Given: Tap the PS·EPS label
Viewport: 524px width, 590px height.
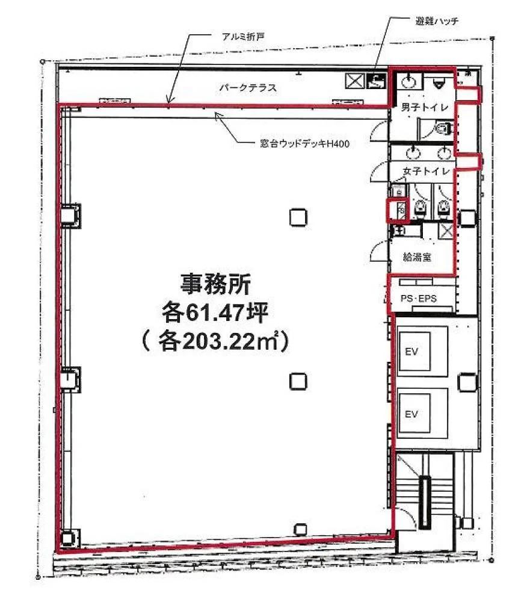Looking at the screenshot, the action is [418, 299].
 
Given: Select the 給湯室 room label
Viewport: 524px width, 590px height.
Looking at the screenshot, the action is [417, 258].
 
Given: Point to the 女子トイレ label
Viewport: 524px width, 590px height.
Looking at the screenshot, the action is [427, 172].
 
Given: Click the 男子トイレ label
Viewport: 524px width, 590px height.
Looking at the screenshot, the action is [425, 107].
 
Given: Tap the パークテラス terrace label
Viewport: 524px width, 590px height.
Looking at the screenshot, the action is [248, 88].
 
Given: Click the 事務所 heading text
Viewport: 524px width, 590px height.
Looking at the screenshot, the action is [216, 284].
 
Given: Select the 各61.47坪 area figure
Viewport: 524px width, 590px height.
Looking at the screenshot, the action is [215, 312].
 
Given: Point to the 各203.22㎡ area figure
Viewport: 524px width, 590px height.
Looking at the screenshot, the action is [215, 341].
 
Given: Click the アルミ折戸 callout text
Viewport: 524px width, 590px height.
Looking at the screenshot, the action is [243, 37].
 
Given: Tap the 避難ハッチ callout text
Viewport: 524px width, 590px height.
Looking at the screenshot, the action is [437, 21].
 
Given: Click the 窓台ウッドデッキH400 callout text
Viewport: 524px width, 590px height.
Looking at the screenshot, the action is [305, 143].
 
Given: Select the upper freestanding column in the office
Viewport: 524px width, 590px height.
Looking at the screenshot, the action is [298, 217].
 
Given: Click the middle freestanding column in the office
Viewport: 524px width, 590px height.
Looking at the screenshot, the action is [298, 381].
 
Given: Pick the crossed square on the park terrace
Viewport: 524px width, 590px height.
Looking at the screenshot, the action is [355, 81].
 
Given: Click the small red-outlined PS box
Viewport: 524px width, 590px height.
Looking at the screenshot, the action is [397, 210].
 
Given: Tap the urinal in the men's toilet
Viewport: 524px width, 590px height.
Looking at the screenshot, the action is [439, 82].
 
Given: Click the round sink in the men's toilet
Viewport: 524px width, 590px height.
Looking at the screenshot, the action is [408, 81].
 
